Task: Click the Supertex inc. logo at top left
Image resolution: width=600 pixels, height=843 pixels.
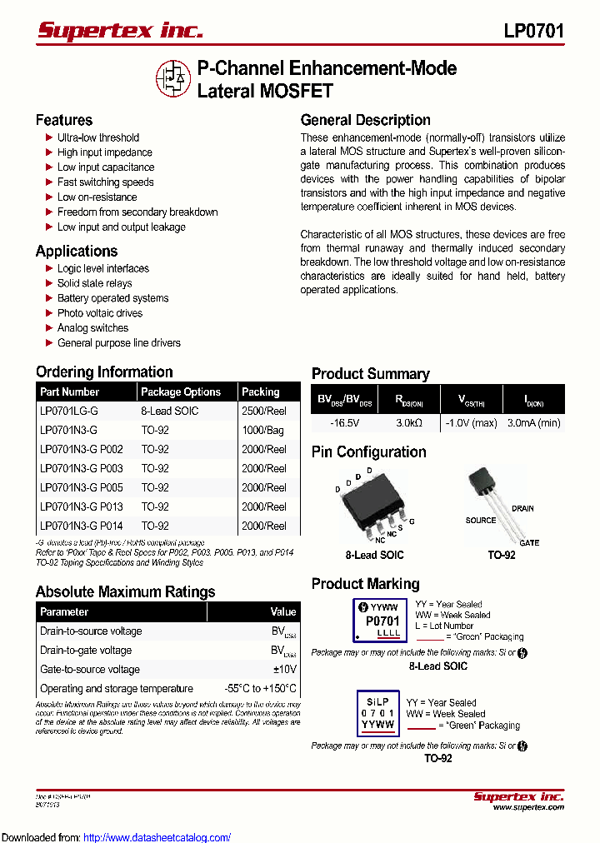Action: (x=120, y=31)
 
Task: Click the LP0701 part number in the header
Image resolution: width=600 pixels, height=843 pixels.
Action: (x=533, y=32)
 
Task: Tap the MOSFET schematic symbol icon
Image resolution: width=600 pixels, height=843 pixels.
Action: (x=173, y=78)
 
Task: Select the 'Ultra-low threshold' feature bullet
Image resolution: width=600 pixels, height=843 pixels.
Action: (x=97, y=137)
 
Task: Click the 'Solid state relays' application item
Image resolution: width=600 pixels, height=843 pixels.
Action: (x=94, y=283)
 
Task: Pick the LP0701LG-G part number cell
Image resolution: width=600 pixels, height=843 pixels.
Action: (x=68, y=411)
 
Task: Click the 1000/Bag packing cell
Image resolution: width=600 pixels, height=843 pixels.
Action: (x=262, y=430)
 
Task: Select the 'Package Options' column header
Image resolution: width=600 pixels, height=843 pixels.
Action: (x=181, y=392)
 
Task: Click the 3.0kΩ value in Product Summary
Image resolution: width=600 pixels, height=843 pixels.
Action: (x=409, y=423)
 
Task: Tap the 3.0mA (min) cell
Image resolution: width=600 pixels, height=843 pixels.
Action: (x=533, y=423)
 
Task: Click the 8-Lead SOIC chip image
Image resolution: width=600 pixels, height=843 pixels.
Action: (x=372, y=505)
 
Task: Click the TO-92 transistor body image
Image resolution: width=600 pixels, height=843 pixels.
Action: (x=484, y=483)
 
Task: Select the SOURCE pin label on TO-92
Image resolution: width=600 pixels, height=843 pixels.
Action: (x=481, y=521)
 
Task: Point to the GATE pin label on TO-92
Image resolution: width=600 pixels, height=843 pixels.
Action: (x=529, y=542)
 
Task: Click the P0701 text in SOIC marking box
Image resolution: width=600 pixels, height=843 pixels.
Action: (x=382, y=621)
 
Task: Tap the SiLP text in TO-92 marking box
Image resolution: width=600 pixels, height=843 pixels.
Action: (x=377, y=701)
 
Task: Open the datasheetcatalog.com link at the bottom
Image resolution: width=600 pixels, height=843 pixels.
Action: (x=157, y=837)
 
